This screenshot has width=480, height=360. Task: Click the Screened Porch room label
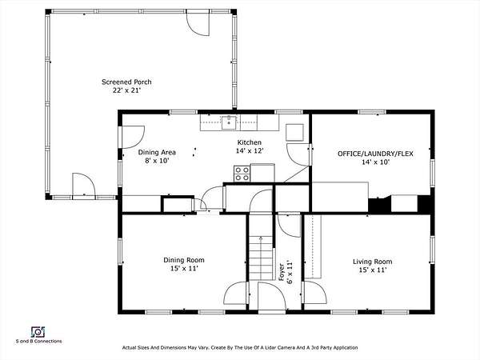coord(126,82)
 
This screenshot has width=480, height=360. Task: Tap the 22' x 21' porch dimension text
coord(126,90)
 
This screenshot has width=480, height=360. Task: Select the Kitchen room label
coord(250,142)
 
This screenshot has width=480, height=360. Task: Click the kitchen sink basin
coord(229,122)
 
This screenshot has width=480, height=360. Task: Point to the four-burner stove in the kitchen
coord(242,174)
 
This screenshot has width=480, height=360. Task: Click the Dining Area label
coord(157,152)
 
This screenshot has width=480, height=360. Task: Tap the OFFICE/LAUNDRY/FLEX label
coord(375,154)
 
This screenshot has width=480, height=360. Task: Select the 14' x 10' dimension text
coord(375,162)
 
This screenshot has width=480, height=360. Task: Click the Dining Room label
coord(184,260)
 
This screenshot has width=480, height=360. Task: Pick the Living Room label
coord(372,262)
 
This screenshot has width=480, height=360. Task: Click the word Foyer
coord(282,272)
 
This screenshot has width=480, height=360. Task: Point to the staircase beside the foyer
coord(261,257)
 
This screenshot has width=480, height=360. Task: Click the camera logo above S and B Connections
coord(38,332)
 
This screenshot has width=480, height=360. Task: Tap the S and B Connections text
coord(38,341)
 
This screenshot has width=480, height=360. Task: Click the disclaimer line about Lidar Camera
coord(240,347)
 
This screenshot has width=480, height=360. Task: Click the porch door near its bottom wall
coord(84,185)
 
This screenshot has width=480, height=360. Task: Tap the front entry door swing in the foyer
coord(272,296)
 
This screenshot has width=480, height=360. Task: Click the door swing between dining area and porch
coord(133,137)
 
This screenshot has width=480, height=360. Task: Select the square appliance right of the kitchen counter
coord(294,132)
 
